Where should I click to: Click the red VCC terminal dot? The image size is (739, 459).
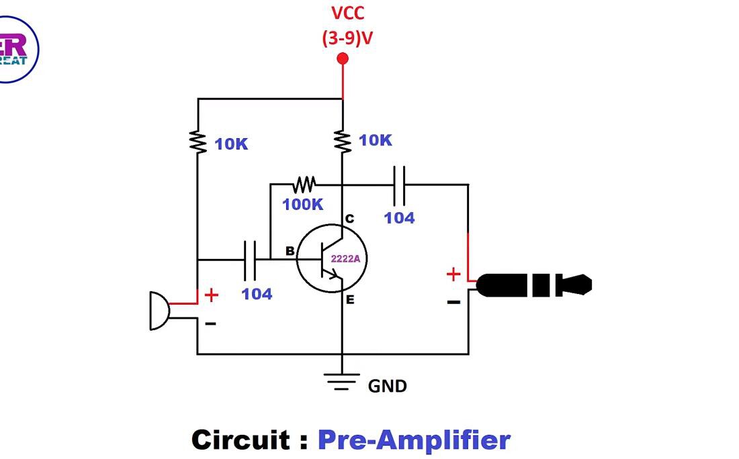pos(343,59)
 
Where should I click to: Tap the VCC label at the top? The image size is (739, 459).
pos(348,13)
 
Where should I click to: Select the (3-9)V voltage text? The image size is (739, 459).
pos(347,38)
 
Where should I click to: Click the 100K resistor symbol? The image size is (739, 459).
pos(304,183)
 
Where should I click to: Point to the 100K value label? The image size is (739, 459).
pos(302,205)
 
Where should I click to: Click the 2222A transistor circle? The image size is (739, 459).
pos(332,259)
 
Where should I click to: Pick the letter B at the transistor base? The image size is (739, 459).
pos(290,252)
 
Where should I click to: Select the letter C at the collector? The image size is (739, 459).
pos(349,219)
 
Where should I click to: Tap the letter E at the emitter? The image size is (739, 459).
pos(350,300)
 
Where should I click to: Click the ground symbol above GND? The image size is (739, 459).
pos(342,381)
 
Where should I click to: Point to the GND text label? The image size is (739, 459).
pos(387,386)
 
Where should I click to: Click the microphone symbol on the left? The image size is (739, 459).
pos(159,311)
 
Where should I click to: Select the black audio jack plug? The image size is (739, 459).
pos(534,285)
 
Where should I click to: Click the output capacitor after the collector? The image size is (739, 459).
pos(399,185)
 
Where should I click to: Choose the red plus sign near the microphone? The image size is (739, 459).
pos(212,295)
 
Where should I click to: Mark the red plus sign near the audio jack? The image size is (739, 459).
pos(453,274)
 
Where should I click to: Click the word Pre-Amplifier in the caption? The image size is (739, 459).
pos(414,440)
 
